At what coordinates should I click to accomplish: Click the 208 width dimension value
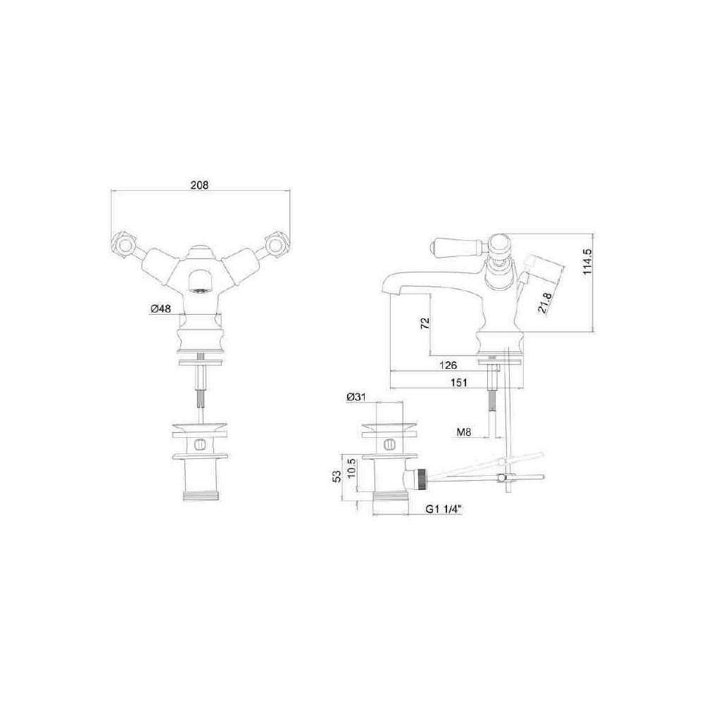tap(200, 184)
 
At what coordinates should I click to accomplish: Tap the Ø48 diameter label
tap(161, 309)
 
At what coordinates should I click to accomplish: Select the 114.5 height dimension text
tap(589, 263)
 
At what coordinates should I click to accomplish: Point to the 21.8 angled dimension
tap(543, 303)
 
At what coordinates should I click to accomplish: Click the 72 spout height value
tap(425, 324)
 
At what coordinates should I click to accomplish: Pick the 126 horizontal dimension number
tap(448, 365)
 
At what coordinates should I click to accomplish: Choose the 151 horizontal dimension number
tap(458, 382)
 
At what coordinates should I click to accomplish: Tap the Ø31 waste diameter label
tap(356, 397)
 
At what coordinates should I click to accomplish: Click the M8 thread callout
tap(464, 432)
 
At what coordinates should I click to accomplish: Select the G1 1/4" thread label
tap(444, 509)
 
